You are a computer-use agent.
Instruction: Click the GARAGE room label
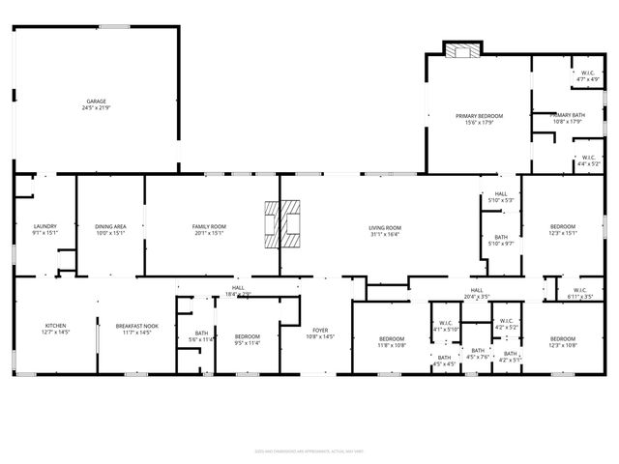click(96, 101)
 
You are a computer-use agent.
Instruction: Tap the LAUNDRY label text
click(45, 226)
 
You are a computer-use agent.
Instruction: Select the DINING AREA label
click(110, 226)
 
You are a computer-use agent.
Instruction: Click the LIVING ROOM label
click(384, 226)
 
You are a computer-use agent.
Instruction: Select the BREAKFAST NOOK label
click(130, 326)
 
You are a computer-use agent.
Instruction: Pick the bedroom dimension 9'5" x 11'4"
click(249, 343)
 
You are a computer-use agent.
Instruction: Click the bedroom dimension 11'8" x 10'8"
click(392, 344)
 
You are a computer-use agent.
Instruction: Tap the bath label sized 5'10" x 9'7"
click(501, 243)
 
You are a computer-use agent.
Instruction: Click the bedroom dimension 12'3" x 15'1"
click(563, 232)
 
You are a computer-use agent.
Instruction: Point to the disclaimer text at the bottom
click(309, 449)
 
